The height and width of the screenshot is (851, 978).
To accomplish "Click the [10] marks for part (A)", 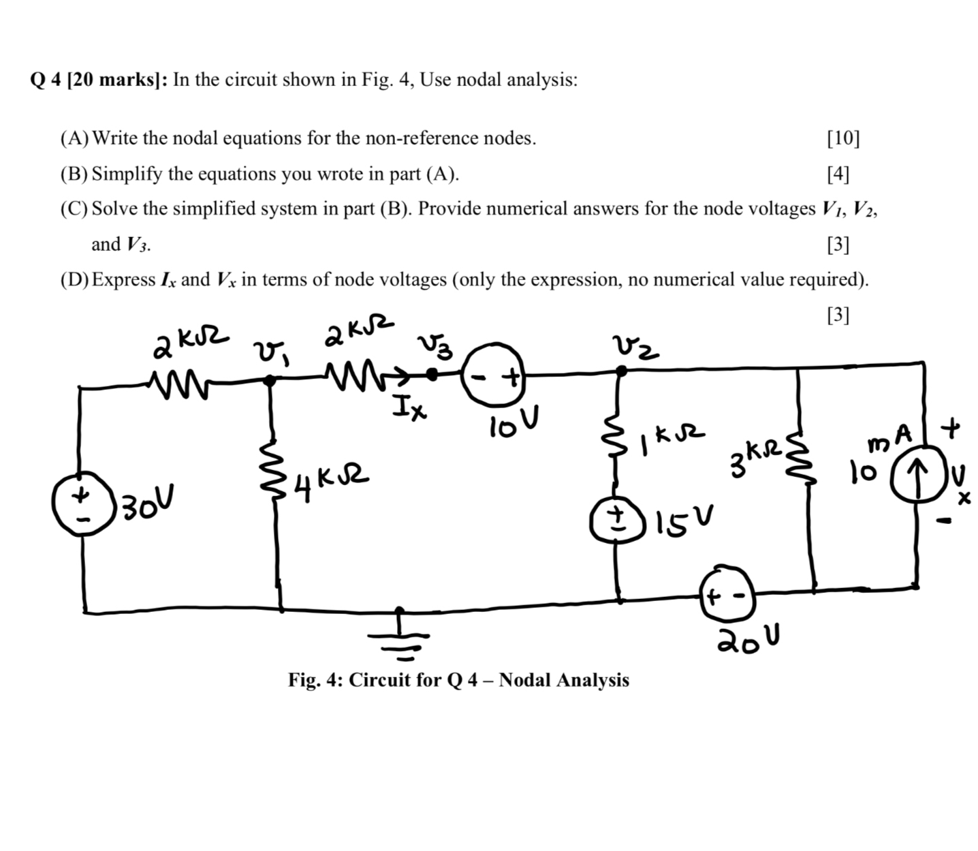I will (842, 138).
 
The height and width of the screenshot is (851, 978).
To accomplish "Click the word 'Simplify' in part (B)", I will (127, 174).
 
